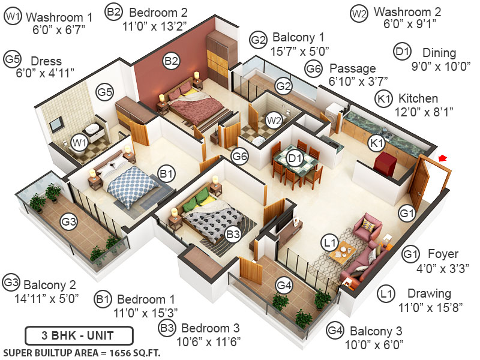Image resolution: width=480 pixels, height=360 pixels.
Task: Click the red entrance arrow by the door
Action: pyautogui.click(x=443, y=158)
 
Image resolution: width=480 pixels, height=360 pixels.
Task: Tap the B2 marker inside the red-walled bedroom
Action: pyautogui.click(x=172, y=61)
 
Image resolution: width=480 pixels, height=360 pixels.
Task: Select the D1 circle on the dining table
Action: pyautogui.click(x=294, y=158)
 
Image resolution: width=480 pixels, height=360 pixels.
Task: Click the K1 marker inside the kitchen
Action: pyautogui.click(x=376, y=143)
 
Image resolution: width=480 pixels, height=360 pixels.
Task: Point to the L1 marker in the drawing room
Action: pyautogui.click(x=329, y=243)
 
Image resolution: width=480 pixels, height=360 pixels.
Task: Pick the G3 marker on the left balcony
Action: pyautogui.click(x=70, y=221)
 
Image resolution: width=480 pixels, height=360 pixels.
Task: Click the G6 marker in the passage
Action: pyautogui.click(x=240, y=157)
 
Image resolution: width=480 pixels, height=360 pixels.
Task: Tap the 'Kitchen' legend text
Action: pyautogui.click(x=418, y=98)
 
